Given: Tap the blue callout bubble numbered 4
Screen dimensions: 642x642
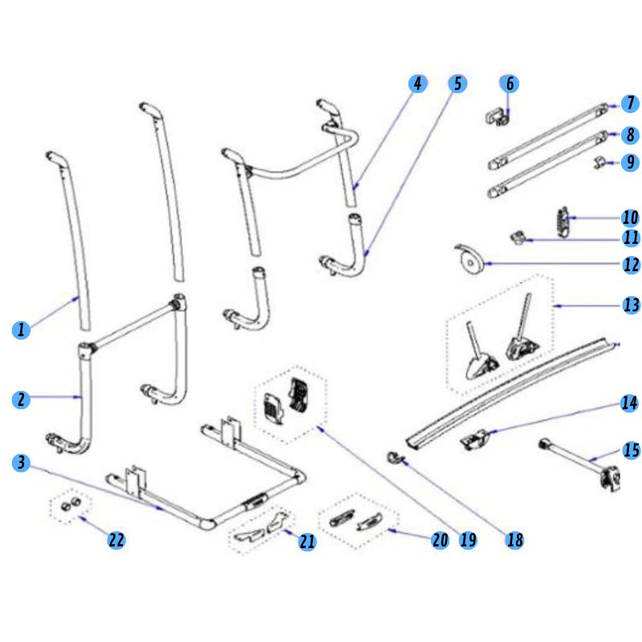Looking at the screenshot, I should [416, 83].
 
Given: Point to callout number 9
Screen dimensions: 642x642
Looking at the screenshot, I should [631, 162].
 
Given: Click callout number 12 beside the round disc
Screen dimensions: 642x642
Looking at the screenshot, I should [631, 264].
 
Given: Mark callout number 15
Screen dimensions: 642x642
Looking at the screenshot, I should [631, 451].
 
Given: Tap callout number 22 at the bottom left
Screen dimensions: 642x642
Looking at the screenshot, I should [117, 540].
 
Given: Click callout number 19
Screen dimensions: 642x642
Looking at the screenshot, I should [468, 540].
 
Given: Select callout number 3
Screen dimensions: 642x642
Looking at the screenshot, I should [22, 463].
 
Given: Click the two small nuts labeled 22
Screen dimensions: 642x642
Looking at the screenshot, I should [69, 506].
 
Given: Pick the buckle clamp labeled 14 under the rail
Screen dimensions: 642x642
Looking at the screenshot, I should [475, 440].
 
